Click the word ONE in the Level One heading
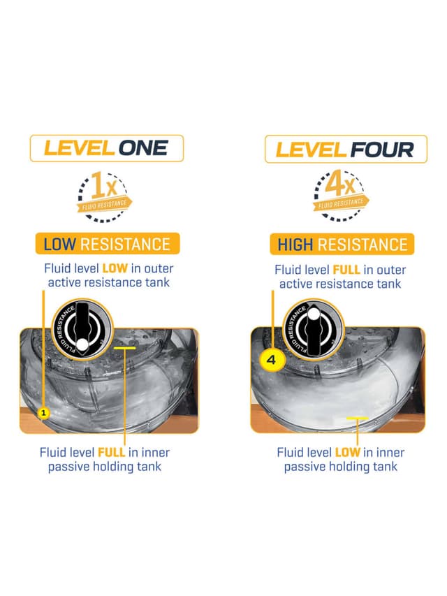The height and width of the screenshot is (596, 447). [x=143, y=148]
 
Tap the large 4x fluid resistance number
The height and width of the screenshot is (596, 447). [x=340, y=184]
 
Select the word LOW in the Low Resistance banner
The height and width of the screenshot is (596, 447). [x=59, y=244]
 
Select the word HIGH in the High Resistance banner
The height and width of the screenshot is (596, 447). [x=295, y=245]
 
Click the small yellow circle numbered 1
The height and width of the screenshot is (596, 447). [x=44, y=413]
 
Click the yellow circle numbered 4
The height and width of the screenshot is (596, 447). [x=271, y=360]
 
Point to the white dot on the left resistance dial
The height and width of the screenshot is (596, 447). [x=82, y=345]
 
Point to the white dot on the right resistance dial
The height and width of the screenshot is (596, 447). [x=314, y=314]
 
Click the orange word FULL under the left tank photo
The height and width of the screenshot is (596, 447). [x=111, y=452]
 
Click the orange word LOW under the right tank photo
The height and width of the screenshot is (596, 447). [x=347, y=452]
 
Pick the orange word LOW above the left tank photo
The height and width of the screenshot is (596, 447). [x=115, y=268]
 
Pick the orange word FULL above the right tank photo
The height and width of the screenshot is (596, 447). [x=346, y=270]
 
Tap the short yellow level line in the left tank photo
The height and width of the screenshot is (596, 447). [x=125, y=348]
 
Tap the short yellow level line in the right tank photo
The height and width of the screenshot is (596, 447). [x=358, y=418]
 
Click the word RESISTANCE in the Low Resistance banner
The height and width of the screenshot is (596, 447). [x=125, y=244]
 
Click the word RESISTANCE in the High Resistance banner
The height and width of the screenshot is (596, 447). [x=362, y=245]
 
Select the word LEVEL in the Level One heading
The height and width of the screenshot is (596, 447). [x=80, y=148]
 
